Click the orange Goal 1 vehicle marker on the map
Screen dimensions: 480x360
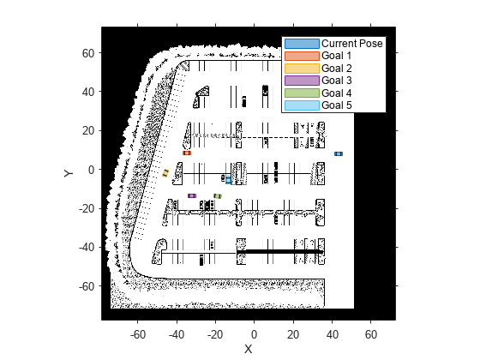point(187,153)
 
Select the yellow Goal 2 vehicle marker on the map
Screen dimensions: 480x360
point(165,173)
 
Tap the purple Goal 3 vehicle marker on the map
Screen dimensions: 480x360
point(192,195)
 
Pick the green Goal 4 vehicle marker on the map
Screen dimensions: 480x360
point(218,196)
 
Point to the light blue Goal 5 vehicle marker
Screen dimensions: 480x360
point(228,179)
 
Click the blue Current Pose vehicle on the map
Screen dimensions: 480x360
point(339,153)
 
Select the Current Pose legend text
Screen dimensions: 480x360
point(352,44)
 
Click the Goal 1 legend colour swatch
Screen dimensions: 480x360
point(302,56)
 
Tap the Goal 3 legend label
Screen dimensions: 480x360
point(337,81)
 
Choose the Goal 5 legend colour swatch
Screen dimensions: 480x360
point(302,105)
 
